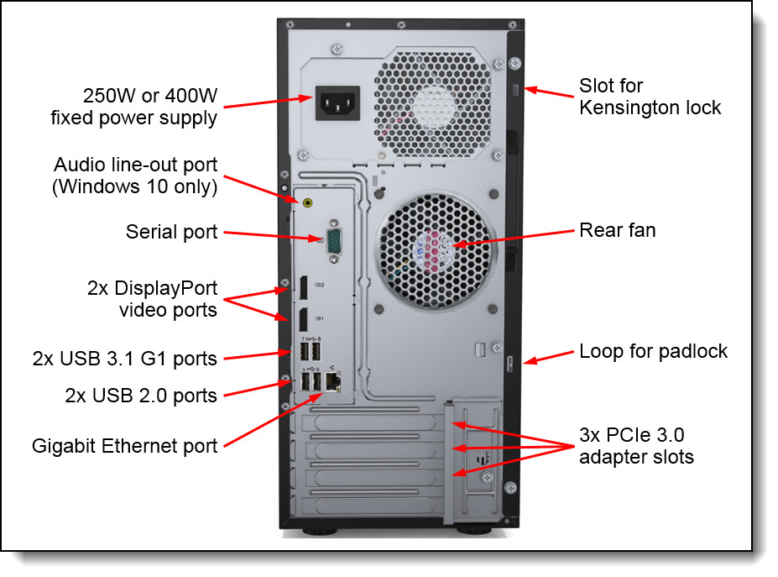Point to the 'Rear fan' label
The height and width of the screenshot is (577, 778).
[x=618, y=229]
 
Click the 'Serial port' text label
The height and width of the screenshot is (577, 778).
[x=171, y=232]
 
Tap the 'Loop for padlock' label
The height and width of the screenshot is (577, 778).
[x=654, y=350]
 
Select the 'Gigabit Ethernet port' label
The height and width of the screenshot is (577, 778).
[x=124, y=445]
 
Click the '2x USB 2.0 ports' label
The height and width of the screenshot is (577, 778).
[x=141, y=395]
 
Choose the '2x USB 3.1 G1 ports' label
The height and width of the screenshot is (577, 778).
[x=125, y=359]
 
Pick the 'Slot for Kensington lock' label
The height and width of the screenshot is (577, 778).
[x=650, y=97]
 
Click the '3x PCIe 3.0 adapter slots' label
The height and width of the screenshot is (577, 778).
[x=635, y=446]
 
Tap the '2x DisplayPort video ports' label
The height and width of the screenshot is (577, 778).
[x=152, y=299]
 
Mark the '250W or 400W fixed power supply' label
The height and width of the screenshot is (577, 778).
[x=134, y=107]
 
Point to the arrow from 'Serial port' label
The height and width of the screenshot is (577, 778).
[x=272, y=234]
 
